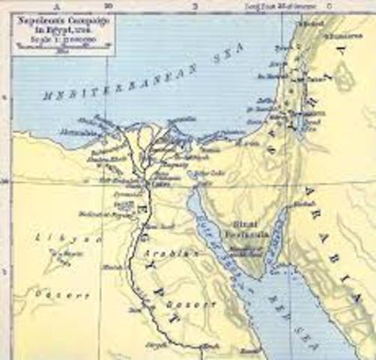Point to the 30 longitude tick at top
(109, 4)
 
